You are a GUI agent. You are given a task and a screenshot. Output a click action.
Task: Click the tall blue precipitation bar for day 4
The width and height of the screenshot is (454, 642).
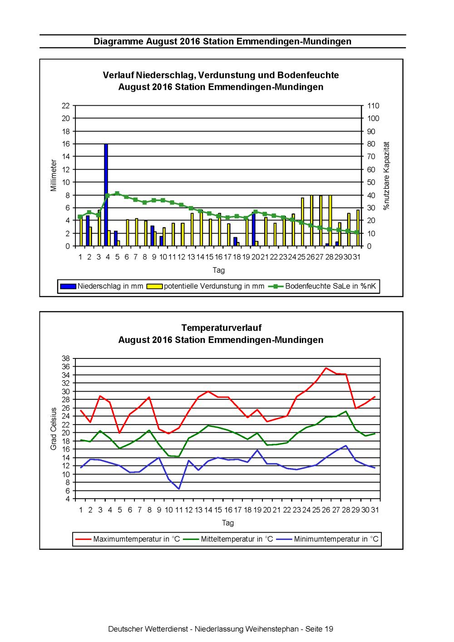[106, 195]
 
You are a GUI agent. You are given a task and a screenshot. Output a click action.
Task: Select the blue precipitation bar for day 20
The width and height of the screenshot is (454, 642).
[253, 229]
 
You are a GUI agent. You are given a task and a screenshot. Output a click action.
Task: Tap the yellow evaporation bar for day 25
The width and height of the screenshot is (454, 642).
[302, 221]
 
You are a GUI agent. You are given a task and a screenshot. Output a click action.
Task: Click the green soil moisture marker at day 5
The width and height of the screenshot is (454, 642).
[117, 193]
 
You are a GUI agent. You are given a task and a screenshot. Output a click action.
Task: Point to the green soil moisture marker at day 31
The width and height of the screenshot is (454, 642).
[357, 232]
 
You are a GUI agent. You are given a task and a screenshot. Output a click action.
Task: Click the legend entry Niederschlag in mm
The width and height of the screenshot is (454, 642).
[102, 286]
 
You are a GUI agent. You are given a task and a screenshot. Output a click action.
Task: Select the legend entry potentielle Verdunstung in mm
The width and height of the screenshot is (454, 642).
[205, 286]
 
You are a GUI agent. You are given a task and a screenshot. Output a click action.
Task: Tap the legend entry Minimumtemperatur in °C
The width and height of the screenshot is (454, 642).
[327, 539]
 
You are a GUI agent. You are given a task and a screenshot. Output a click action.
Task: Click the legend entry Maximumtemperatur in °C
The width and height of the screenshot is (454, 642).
[128, 539]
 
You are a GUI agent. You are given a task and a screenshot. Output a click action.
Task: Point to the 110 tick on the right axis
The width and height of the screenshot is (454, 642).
[373, 106]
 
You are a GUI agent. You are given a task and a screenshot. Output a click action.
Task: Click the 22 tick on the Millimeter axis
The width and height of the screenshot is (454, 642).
[66, 106]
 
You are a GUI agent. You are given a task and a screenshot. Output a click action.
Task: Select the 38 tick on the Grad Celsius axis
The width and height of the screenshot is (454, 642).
[66, 358]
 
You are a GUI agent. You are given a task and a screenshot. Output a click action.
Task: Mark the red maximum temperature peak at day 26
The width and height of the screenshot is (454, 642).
[326, 368]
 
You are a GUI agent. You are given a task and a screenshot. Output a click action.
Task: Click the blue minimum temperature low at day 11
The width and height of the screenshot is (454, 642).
[179, 489]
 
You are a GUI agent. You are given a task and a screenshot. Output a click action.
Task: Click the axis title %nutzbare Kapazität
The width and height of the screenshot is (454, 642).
[387, 176]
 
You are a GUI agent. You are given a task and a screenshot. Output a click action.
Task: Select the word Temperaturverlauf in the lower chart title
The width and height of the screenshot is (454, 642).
[222, 328]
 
